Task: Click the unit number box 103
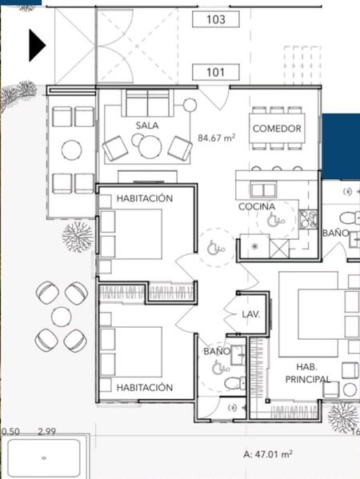(216, 19)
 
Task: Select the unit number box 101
(216, 73)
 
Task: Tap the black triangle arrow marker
(38, 46)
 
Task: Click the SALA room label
(147, 126)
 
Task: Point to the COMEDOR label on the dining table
(277, 129)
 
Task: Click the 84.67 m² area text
(216, 138)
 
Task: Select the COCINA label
(257, 207)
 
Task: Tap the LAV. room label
(251, 314)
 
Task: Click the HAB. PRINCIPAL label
(307, 373)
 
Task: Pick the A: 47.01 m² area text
(268, 454)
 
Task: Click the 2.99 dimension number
(46, 432)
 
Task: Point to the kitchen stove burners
(308, 219)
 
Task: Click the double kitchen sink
(263, 190)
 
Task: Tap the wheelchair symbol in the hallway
(216, 248)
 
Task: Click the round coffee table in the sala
(150, 146)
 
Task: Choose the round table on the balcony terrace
(71, 150)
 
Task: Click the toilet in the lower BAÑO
(234, 383)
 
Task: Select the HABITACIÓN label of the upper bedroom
(145, 198)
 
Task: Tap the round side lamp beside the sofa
(190, 105)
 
